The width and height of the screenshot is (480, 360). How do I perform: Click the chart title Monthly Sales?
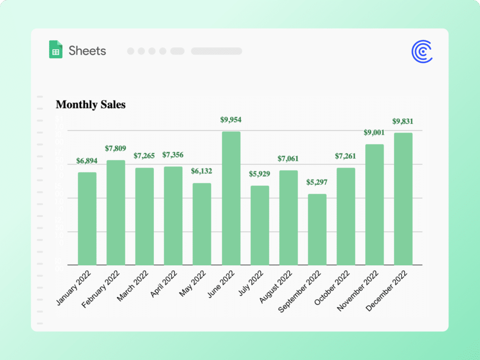click(x=90, y=105)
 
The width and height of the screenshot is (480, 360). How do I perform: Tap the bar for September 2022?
click(x=317, y=229)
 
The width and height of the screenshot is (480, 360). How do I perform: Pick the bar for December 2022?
click(x=403, y=199)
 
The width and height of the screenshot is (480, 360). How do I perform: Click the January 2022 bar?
click(x=87, y=218)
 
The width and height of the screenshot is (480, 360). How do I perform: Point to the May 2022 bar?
click(x=202, y=224)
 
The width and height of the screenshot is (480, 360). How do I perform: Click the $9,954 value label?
click(x=231, y=120)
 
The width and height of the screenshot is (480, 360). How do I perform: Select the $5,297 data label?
click(x=317, y=182)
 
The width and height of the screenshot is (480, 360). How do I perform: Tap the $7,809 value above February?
click(x=116, y=149)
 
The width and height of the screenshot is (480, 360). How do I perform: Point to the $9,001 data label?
click(x=374, y=133)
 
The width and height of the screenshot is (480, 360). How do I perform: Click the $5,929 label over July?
click(x=260, y=174)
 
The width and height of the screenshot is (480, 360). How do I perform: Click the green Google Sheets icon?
click(x=56, y=50)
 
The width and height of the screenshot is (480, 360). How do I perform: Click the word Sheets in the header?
click(x=87, y=51)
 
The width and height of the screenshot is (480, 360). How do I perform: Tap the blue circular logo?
click(x=422, y=52)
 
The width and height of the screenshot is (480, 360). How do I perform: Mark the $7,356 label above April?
click(x=173, y=155)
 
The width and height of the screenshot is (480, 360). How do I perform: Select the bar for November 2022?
click(x=375, y=204)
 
